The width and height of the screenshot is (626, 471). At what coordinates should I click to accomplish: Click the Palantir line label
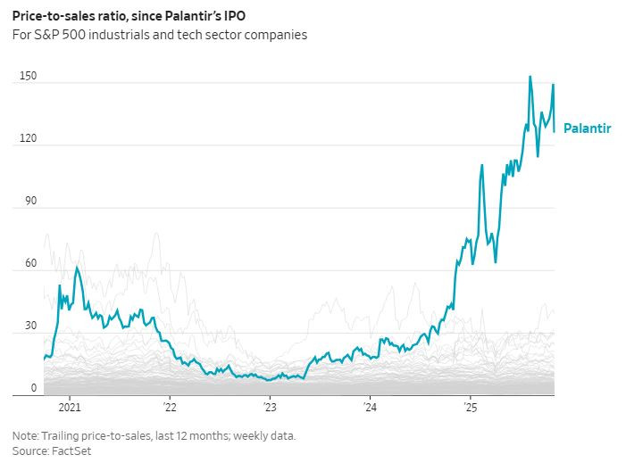click(587, 128)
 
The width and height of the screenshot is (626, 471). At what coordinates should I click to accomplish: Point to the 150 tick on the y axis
click(28, 77)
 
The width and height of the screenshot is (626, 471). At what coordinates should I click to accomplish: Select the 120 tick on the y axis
click(28, 139)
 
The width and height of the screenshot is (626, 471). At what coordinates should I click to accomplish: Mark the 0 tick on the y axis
click(34, 388)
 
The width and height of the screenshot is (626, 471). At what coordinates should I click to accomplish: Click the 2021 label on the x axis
click(70, 408)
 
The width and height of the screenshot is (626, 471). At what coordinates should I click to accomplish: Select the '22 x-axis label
click(170, 408)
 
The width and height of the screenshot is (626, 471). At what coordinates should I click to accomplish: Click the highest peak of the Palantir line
click(530, 77)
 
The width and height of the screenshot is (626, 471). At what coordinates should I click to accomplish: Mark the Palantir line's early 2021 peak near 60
click(77, 267)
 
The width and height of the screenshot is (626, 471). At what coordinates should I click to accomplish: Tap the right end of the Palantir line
click(555, 132)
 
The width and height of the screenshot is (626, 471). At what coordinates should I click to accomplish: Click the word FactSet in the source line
click(71, 451)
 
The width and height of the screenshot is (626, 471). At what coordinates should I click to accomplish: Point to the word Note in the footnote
click(25, 436)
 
